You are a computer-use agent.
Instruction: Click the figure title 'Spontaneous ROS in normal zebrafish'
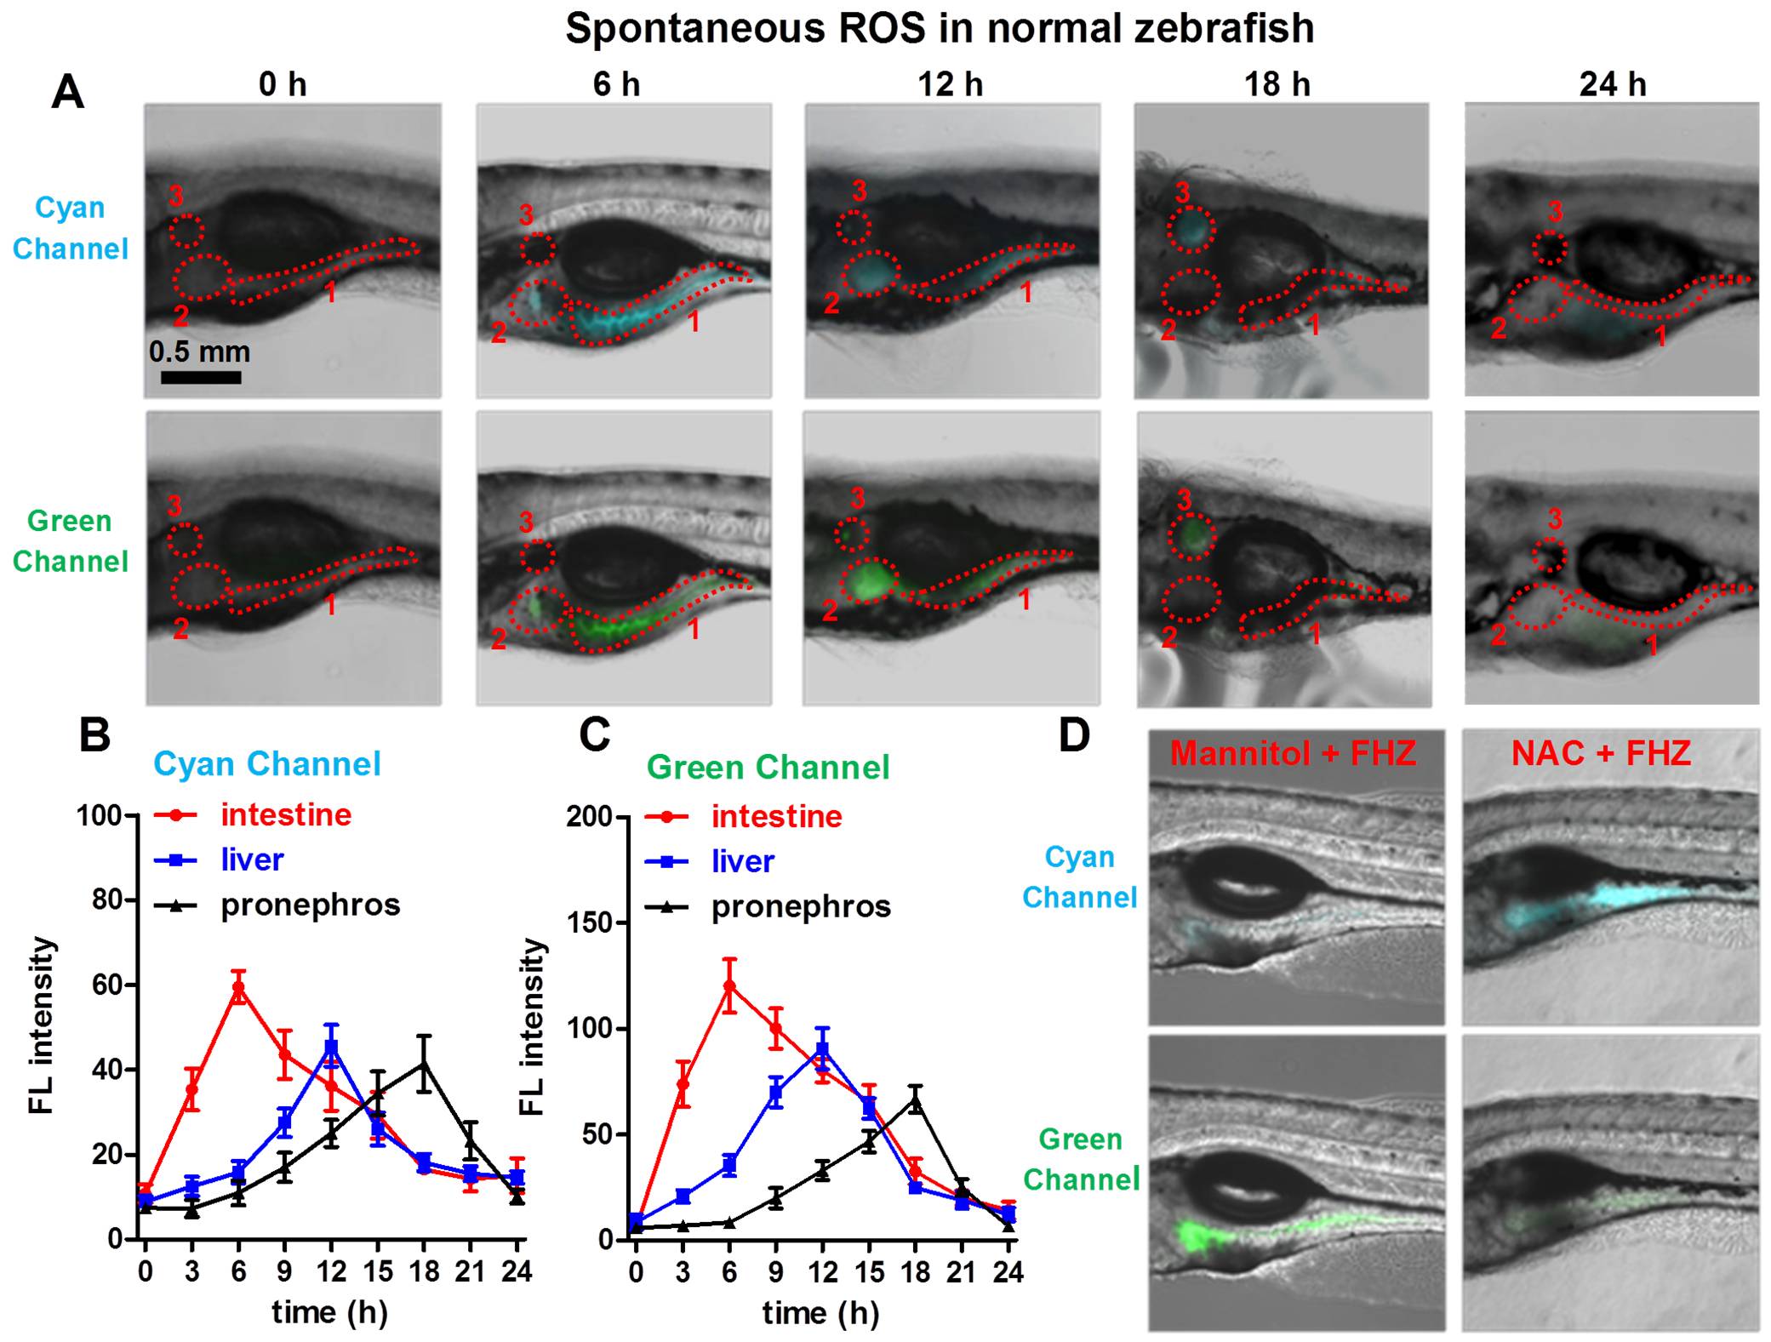point(940,28)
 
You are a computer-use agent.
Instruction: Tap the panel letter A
point(67,91)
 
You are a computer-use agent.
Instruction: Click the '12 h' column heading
point(950,84)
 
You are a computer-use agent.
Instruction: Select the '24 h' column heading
point(1612,84)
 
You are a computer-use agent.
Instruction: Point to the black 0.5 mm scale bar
point(201,376)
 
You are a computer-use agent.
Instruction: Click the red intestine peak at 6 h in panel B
point(239,988)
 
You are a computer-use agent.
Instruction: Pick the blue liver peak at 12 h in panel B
point(332,1047)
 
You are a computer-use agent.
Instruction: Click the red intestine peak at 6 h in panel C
point(729,985)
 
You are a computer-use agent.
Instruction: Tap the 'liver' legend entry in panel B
point(252,859)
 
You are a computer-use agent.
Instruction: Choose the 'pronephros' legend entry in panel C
point(801,906)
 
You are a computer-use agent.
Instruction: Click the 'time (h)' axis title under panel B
point(330,1311)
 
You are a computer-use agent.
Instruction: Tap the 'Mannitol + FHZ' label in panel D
point(1293,753)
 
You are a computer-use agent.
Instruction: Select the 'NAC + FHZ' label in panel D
point(1601,753)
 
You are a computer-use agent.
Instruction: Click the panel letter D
point(1074,734)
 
